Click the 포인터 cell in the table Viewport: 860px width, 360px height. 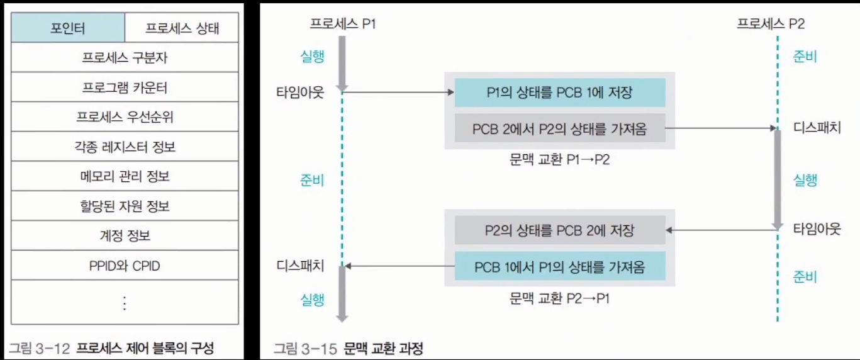(68, 28)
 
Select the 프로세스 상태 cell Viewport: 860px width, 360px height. (182, 28)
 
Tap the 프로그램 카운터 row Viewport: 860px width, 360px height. (125, 87)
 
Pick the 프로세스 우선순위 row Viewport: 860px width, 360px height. (125, 117)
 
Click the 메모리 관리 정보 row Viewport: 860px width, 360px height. (125, 177)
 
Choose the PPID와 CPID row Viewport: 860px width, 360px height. (125, 266)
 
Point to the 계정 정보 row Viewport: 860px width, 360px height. (125, 236)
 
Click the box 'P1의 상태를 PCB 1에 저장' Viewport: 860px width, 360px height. (559, 93)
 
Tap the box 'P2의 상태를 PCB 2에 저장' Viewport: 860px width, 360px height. (559, 230)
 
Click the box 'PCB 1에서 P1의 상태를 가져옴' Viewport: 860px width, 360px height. (559, 266)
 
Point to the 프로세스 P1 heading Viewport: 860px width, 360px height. (343, 24)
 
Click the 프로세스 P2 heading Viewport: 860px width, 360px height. (771, 24)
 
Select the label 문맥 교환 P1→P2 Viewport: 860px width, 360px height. (559, 159)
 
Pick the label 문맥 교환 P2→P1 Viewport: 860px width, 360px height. (559, 298)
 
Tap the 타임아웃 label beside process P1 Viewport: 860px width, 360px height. (300, 93)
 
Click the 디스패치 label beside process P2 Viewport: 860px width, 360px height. (817, 128)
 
